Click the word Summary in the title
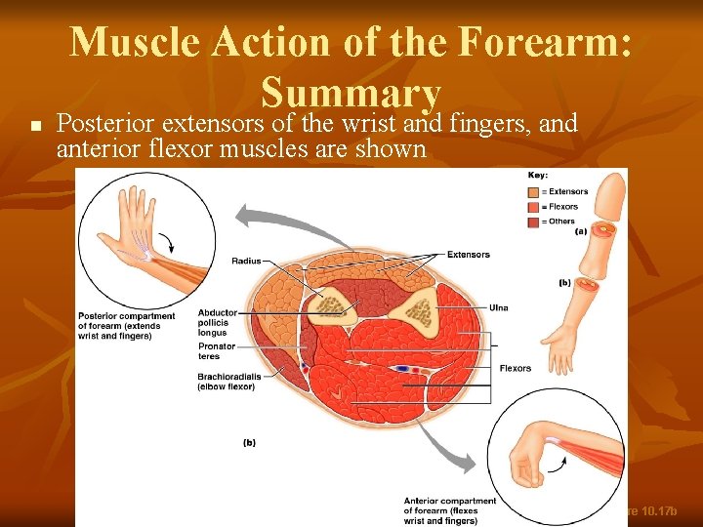351,94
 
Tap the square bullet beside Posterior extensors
34,126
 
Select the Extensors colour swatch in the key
533,192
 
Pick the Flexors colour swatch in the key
533,207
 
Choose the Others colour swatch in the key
533,222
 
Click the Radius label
247,261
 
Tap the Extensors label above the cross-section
469,255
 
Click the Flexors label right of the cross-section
516,368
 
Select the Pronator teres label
217,351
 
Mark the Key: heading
538,176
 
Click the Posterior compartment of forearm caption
127,326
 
